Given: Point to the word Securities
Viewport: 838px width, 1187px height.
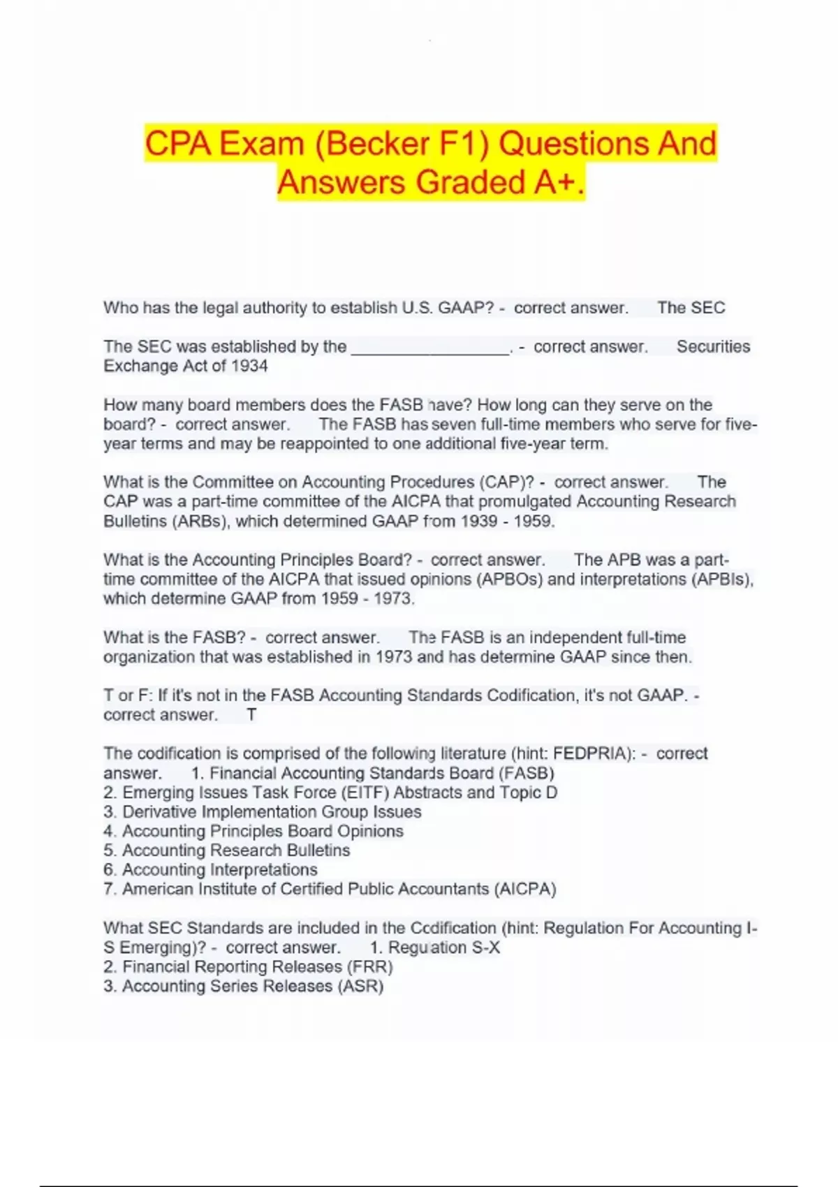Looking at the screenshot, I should coord(713,346).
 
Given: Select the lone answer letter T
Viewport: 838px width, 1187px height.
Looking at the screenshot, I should coord(251,714).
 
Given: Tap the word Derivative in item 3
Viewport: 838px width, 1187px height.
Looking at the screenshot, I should coord(159,811).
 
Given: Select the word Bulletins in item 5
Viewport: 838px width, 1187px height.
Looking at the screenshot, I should coord(318,850).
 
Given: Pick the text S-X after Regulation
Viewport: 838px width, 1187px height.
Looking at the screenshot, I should coord(486,948).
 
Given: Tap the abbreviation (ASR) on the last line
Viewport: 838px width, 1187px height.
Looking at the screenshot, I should coord(360,986).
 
